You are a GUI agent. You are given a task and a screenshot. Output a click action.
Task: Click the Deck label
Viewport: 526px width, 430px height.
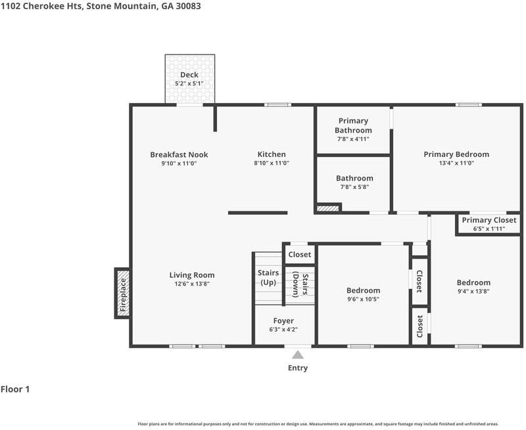(189, 75)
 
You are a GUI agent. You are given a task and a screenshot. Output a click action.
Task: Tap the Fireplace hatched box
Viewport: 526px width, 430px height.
(122, 293)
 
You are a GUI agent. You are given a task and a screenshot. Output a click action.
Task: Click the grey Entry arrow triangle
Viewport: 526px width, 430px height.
(298, 355)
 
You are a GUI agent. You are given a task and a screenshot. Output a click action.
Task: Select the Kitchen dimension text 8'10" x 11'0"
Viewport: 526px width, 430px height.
(272, 163)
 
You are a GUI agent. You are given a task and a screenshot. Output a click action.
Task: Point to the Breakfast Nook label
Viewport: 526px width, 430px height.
(179, 154)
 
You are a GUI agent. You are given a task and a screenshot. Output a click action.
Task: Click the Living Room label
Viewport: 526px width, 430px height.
(192, 275)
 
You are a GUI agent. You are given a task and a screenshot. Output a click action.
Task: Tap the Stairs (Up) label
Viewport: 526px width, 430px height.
(268, 278)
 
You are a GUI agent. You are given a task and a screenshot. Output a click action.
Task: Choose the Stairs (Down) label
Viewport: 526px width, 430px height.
(300, 285)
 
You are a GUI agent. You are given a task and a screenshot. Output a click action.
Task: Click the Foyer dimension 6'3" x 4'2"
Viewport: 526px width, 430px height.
(283, 330)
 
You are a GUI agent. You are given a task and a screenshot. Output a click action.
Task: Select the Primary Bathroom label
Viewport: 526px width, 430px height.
(353, 125)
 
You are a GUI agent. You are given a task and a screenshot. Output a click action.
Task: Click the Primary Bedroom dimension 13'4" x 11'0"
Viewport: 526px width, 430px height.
(456, 163)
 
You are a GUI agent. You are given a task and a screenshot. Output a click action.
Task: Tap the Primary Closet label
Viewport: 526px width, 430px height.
(489, 220)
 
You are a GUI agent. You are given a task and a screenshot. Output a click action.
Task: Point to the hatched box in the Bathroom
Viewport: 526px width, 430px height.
(328, 208)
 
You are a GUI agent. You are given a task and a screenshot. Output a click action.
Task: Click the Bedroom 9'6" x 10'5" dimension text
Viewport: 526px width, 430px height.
(364, 299)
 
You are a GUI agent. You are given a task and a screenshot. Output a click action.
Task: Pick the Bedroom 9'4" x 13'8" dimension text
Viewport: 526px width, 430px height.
(473, 291)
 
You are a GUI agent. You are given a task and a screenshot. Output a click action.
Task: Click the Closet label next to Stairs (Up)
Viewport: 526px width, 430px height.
(300, 255)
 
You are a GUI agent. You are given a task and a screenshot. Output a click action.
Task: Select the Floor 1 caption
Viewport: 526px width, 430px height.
(15, 389)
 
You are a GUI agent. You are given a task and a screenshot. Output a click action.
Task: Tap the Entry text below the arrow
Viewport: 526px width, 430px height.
(298, 368)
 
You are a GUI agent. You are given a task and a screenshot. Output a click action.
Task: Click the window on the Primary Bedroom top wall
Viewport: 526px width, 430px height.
(469, 105)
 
